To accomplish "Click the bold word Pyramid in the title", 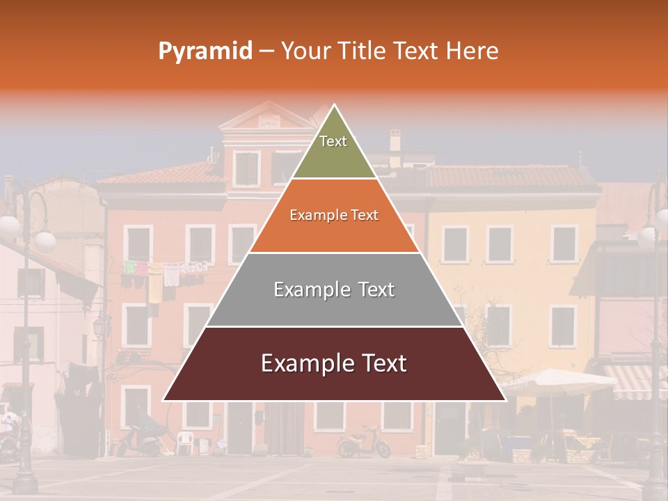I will click(x=205, y=51).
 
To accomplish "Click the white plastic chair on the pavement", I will click(x=184, y=441).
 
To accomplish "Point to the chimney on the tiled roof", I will click(x=395, y=140).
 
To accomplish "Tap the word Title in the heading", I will click(x=365, y=51).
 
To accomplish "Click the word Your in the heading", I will click(x=305, y=51).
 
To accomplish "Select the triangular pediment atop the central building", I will click(x=268, y=117).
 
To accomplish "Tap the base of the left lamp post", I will click(x=25, y=480).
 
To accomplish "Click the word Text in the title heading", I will click(x=417, y=51).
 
